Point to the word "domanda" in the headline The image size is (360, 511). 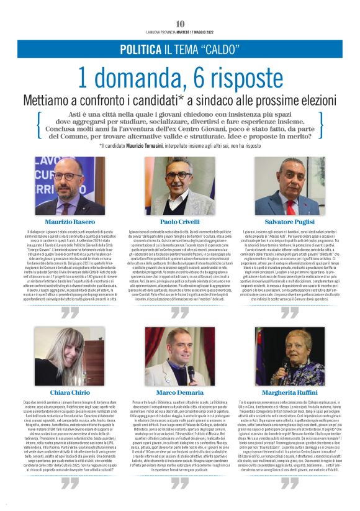click(x=139, y=78)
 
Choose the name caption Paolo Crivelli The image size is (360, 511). click(x=180, y=221)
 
